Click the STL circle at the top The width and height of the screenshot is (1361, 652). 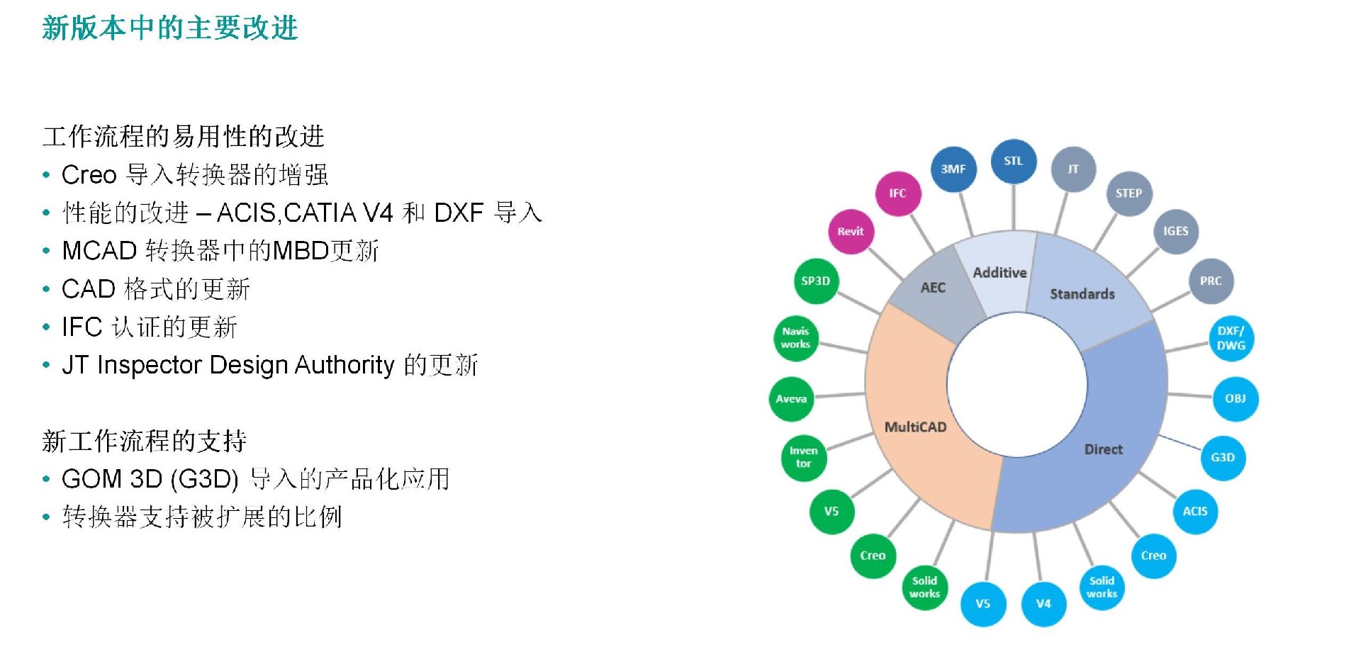1014,162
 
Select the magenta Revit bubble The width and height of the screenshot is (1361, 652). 851,232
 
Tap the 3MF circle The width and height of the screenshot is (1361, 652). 953,169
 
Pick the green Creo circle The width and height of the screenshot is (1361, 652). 873,556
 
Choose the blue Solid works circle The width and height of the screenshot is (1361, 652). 1102,587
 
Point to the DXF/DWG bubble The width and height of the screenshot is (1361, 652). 1231,338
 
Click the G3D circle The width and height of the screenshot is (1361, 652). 1223,457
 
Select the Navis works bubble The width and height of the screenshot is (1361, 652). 795,338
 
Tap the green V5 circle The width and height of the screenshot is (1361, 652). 831,511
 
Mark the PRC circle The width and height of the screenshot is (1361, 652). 1211,281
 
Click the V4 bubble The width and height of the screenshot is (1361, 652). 1043,604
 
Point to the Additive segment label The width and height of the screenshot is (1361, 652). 999,273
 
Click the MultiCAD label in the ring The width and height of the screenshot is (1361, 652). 915,427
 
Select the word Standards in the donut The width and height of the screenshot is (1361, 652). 1082,294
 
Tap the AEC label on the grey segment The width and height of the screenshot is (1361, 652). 933,288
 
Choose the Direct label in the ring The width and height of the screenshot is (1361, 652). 1103,449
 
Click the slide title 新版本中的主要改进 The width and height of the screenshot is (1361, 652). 170,28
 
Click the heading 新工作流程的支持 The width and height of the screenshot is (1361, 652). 145,441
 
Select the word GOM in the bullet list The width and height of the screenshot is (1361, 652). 87,479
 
